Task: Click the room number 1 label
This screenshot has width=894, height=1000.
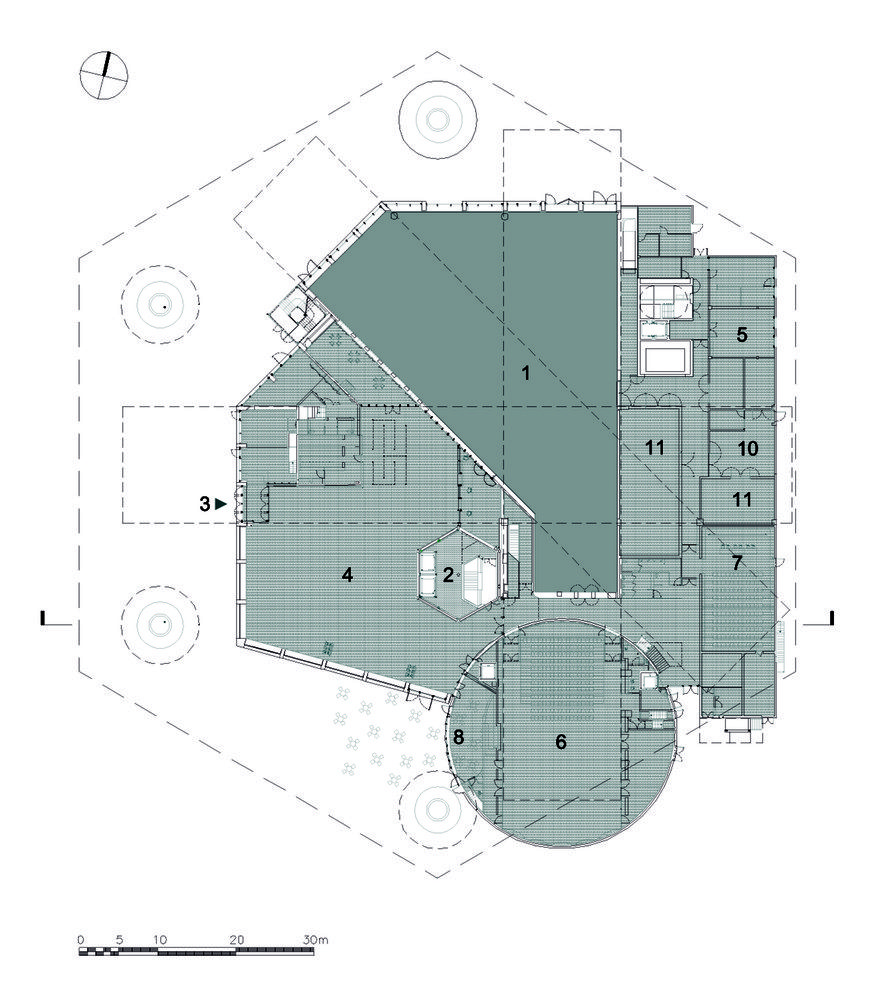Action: coord(526,373)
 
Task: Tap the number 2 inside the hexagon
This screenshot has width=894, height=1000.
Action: coord(448,575)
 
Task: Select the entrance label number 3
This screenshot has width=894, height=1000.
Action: coord(204,504)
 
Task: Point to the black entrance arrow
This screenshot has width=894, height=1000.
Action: coord(221,504)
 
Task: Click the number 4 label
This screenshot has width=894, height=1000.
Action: coord(347,575)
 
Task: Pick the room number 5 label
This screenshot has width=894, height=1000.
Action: coord(742,334)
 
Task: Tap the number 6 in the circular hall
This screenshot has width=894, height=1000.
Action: coord(561,741)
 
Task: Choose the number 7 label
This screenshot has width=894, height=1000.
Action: coord(738,563)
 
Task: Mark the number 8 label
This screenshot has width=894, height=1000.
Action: coord(458,737)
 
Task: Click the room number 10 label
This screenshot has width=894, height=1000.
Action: coord(747,448)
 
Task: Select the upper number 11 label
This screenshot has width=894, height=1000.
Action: coord(654,448)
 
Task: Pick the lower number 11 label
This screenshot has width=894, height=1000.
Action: coord(741,499)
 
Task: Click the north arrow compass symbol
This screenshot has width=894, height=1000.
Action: coord(104,75)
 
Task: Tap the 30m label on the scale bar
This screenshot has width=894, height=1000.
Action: coord(315,939)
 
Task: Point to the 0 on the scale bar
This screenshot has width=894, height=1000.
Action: coord(80,939)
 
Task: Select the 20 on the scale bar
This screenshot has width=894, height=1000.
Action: coord(237,939)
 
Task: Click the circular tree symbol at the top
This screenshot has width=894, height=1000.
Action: coord(437,119)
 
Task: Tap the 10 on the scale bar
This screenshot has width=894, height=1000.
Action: coord(160,939)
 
